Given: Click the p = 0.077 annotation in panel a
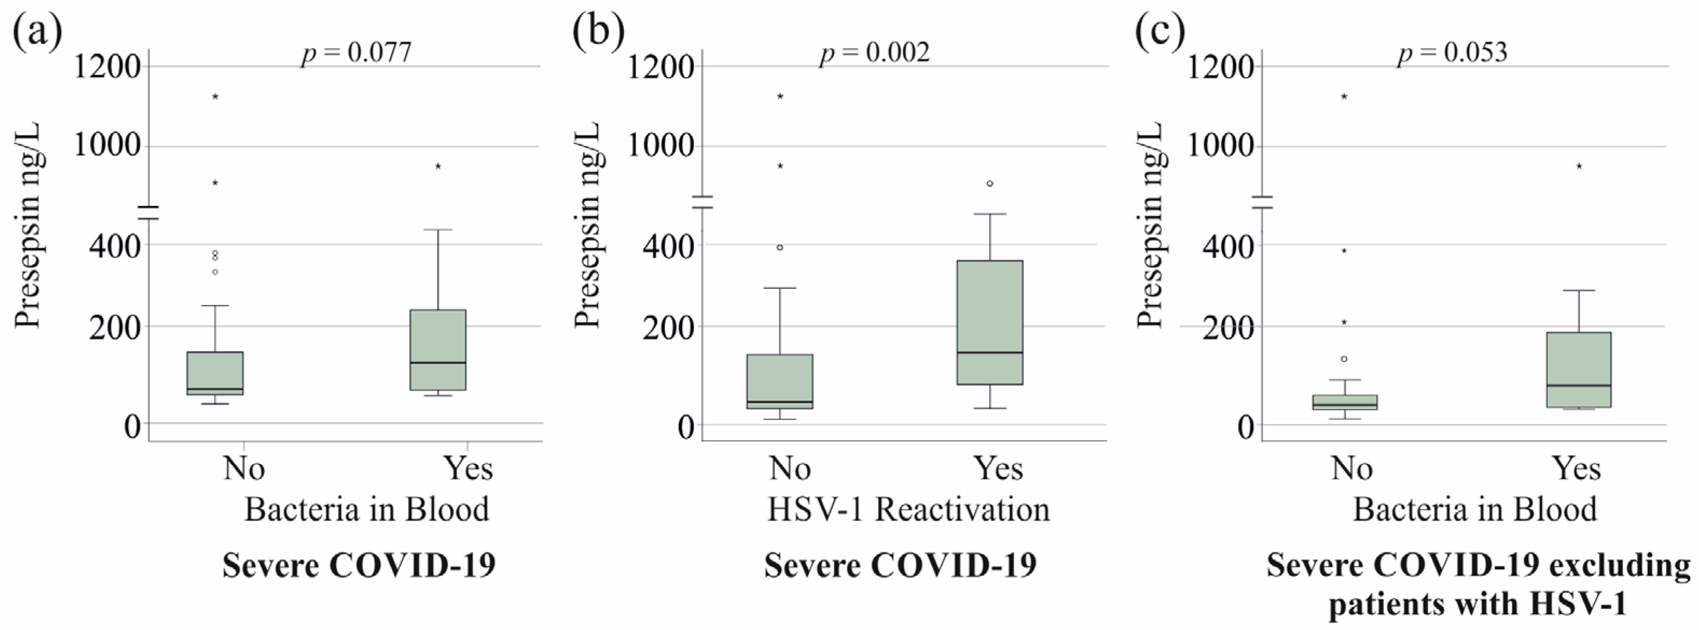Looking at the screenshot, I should pyautogui.click(x=356, y=53).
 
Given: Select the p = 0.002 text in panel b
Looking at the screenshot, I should pyautogui.click(x=875, y=53).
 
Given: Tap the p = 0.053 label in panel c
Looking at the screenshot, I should pyautogui.click(x=1452, y=53).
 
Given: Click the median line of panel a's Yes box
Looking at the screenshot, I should pyautogui.click(x=438, y=363).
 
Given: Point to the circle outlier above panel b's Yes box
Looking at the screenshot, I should pyautogui.click(x=990, y=183).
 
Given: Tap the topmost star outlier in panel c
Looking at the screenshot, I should pyautogui.click(x=1344, y=97).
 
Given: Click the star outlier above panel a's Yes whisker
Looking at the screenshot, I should pyautogui.click(x=438, y=166).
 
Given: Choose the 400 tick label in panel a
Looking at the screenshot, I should pyautogui.click(x=115, y=247).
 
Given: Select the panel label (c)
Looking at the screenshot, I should pyautogui.click(x=1159, y=31).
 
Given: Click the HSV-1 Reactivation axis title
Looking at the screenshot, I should pyautogui.click(x=908, y=509).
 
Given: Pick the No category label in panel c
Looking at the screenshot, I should pyautogui.click(x=1352, y=468).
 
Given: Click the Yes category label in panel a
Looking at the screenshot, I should pyautogui.click(x=468, y=468).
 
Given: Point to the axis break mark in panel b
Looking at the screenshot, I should pyautogui.click(x=704, y=202).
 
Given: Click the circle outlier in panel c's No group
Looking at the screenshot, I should pyautogui.click(x=1344, y=359).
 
